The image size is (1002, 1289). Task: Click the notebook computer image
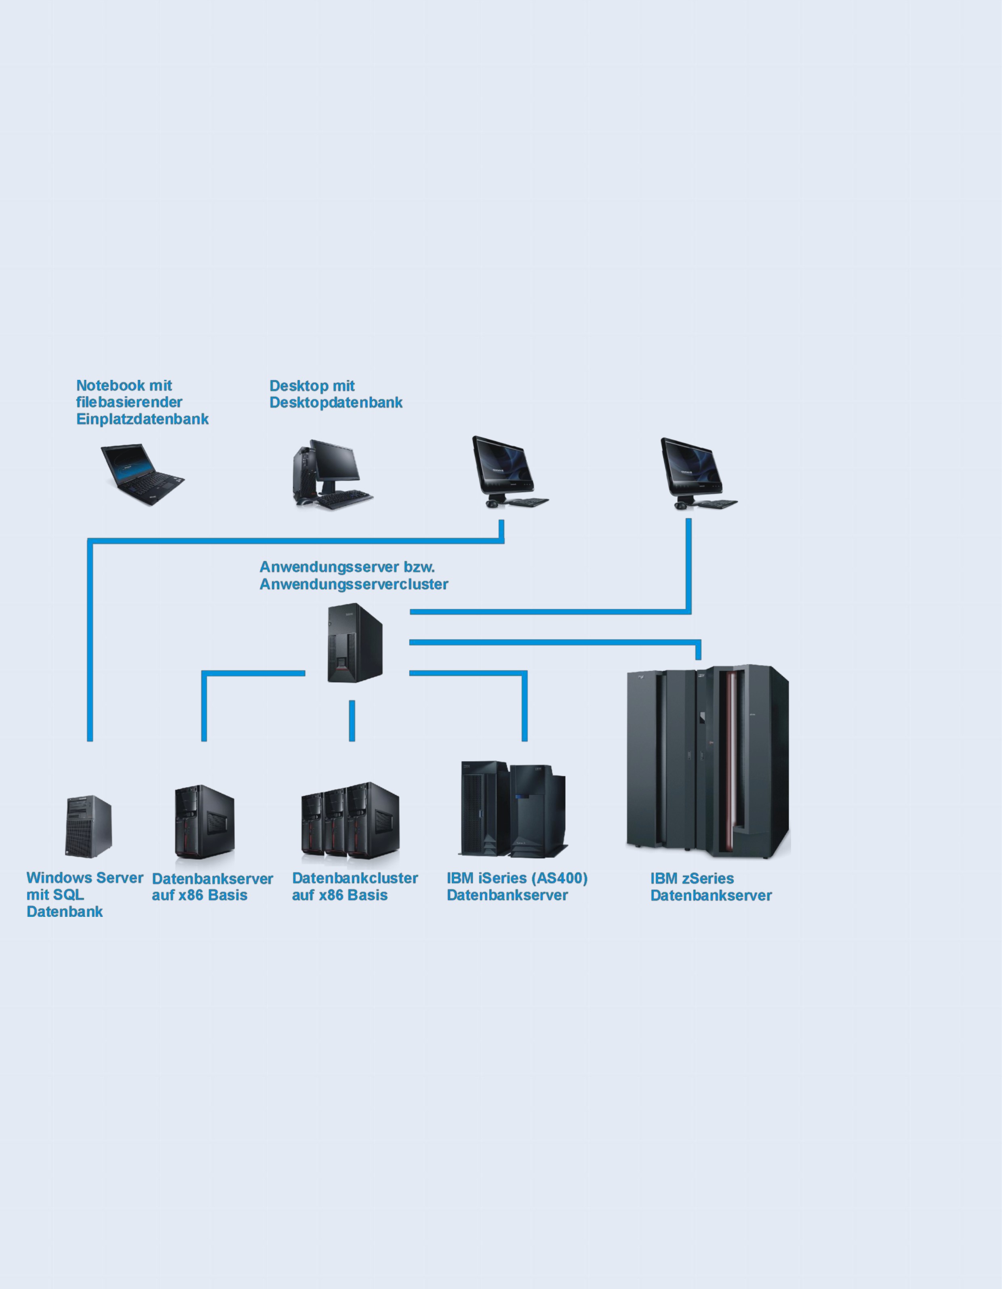pyautogui.click(x=143, y=474)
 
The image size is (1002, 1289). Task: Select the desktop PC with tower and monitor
pyautogui.click(x=332, y=474)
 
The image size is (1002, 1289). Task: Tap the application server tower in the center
pyautogui.click(x=355, y=643)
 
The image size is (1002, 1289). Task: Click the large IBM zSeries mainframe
pyautogui.click(x=708, y=761)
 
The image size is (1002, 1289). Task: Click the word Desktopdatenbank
pyautogui.click(x=336, y=402)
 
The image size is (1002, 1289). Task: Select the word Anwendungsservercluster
pyautogui.click(x=354, y=584)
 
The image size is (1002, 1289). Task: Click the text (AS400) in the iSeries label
pyautogui.click(x=560, y=878)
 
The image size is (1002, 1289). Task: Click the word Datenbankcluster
pyautogui.click(x=355, y=878)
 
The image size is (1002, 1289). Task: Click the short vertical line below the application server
pyautogui.click(x=352, y=720)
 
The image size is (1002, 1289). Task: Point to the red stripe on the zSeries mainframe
pyautogui.click(x=732, y=761)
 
